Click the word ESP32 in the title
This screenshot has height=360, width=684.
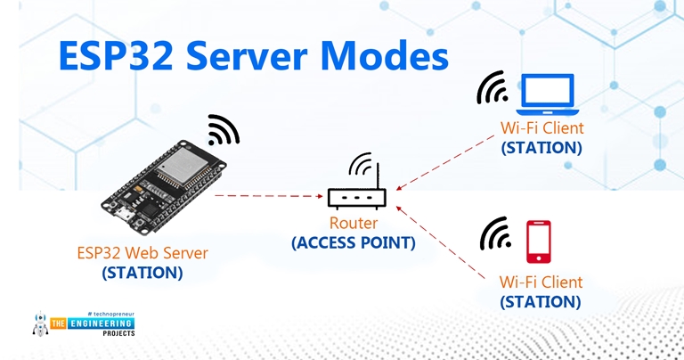pos(118,55)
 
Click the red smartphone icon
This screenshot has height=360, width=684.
pos(538,241)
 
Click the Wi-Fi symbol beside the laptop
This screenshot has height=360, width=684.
pos(492,87)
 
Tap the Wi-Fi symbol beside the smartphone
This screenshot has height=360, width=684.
pos(494,233)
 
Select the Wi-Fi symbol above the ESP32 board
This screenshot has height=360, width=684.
pos(223,130)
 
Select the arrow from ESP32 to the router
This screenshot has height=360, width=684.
pos(267,194)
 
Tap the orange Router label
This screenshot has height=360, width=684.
pos(354,224)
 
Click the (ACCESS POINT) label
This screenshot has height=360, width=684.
pos(354,241)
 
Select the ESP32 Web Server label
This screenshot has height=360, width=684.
pos(142,253)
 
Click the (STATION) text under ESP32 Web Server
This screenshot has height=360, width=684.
pos(142,273)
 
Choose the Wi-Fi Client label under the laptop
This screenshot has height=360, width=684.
pos(541,129)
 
